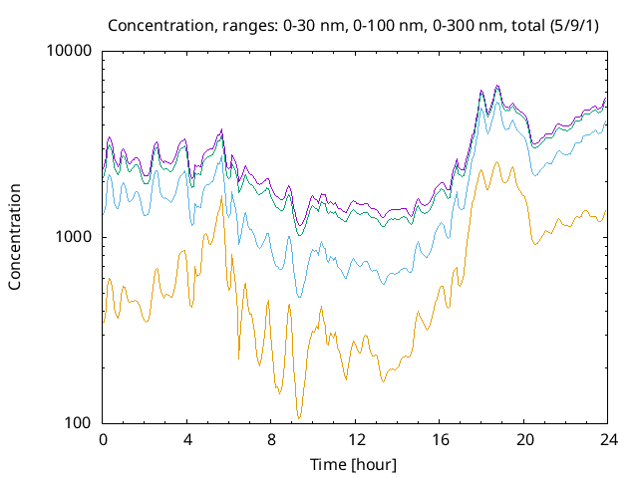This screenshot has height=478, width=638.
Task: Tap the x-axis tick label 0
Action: pos(103,439)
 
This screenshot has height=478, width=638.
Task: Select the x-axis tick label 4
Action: pos(187,439)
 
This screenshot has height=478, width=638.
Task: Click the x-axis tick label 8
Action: pos(271,439)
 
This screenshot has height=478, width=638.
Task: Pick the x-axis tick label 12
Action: pos(355,439)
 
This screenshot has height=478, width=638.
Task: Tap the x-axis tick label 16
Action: pos(440,439)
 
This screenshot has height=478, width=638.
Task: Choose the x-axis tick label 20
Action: pos(523,439)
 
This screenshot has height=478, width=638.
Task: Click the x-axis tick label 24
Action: pos(607,439)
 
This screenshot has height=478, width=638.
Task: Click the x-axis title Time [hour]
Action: pos(355,464)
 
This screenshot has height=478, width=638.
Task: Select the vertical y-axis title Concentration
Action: pos(16,237)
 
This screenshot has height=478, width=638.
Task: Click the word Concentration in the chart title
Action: pos(153,24)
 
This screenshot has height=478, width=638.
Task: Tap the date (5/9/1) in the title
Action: pos(579,24)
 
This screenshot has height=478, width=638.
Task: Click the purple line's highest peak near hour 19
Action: pos(497,86)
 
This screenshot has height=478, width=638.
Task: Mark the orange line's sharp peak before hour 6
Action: pos(221,184)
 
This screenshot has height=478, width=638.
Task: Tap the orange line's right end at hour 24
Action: pos(606,211)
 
